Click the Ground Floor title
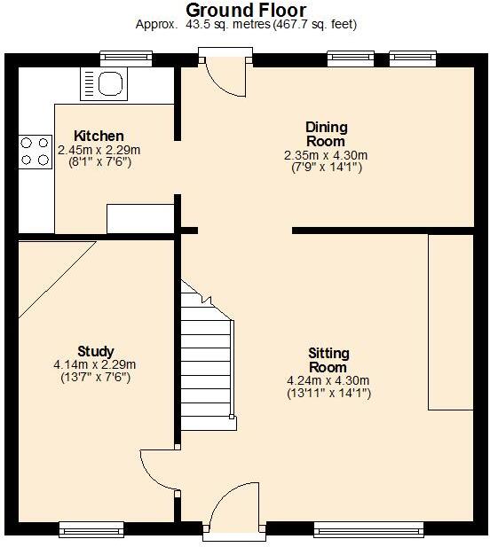coord(246,10)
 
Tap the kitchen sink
coord(105,83)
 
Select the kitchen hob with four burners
coord(34,150)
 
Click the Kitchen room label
coord(99,136)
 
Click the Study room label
coord(95,351)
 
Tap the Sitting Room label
coord(327,360)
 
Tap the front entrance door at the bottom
coord(233,512)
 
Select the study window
coord(91,529)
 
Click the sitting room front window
coord(369,529)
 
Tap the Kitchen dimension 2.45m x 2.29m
coord(99,151)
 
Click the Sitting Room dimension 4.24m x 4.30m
coord(327,380)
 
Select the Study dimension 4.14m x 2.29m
coord(95,364)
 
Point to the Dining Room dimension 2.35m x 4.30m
coord(326,155)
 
